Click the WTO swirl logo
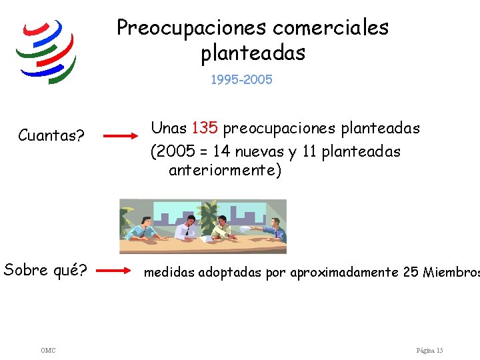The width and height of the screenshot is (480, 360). [x=46, y=51]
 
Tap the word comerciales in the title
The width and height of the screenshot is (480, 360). [x=331, y=27]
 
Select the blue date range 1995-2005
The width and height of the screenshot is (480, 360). [x=241, y=79]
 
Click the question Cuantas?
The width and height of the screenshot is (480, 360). [x=51, y=135]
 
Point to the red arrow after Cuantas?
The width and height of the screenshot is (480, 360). [x=121, y=135]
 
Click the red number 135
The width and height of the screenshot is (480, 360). [x=205, y=127]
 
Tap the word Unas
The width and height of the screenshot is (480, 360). [x=169, y=127]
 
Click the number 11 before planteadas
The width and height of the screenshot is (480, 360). [x=309, y=151]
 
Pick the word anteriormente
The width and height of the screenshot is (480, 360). [x=223, y=170]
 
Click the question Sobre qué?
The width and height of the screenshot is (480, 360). [x=45, y=270]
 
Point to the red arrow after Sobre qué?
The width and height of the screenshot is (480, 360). [x=113, y=270]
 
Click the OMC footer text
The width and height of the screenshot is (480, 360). [x=48, y=350]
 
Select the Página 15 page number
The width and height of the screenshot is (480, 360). [x=429, y=350]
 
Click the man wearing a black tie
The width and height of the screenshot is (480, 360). [x=187, y=227]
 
